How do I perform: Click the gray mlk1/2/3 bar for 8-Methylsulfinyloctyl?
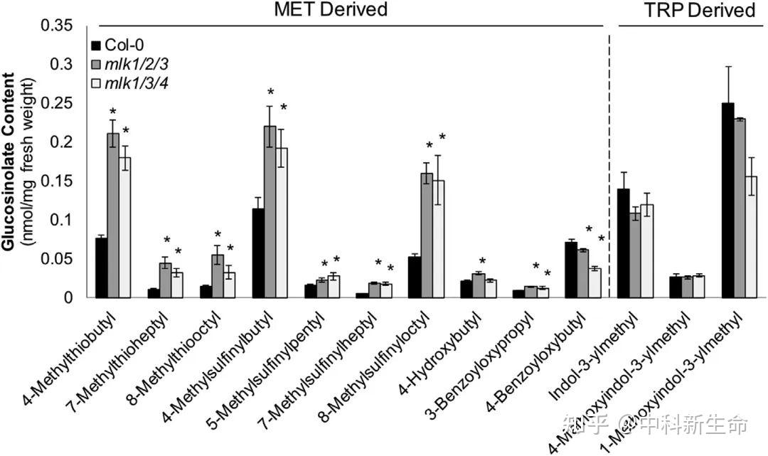coord(427,235)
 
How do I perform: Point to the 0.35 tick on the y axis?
coord(60,26)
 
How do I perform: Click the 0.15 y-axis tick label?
coord(60,181)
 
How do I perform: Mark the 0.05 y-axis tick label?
coord(60,259)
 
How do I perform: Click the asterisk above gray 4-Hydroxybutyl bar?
coord(481,262)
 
